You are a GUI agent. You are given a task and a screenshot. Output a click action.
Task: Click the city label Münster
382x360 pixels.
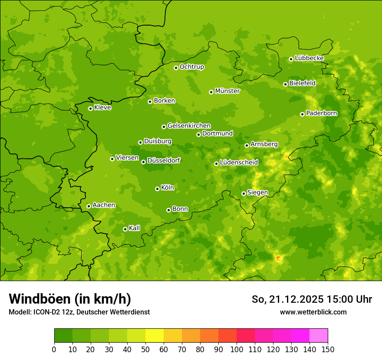(x=227, y=91)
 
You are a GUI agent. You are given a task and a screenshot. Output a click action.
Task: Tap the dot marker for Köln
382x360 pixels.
(x=157, y=189)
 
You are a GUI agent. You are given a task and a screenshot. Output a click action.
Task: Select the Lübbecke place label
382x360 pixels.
(x=309, y=58)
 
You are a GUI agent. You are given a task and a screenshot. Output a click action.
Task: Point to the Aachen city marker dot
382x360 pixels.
(x=89, y=206)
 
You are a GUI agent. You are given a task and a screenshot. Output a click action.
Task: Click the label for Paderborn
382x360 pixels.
(x=321, y=113)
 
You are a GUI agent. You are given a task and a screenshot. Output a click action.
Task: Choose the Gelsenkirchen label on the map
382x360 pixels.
(x=189, y=126)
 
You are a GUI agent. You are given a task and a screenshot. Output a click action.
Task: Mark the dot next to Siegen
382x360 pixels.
(x=244, y=193)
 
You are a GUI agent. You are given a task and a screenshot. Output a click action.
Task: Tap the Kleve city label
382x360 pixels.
(x=102, y=108)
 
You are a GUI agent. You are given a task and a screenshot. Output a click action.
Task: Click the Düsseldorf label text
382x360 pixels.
(x=164, y=160)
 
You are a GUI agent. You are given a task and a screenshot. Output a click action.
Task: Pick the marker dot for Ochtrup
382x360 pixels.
(x=176, y=68)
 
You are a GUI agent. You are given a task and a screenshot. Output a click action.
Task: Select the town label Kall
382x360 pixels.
(x=134, y=228)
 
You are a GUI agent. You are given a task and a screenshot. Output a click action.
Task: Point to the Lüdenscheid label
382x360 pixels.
(x=239, y=163)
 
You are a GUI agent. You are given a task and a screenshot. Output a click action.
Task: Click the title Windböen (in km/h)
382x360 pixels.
(x=70, y=299)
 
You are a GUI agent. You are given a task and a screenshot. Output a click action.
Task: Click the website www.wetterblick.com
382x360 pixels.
(x=313, y=312)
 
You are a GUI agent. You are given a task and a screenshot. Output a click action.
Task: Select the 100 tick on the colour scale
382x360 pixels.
(x=237, y=349)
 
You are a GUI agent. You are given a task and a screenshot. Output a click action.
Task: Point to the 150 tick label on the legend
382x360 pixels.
(x=328, y=349)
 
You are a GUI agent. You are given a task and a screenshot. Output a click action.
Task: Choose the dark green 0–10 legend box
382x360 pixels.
(x=63, y=336)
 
